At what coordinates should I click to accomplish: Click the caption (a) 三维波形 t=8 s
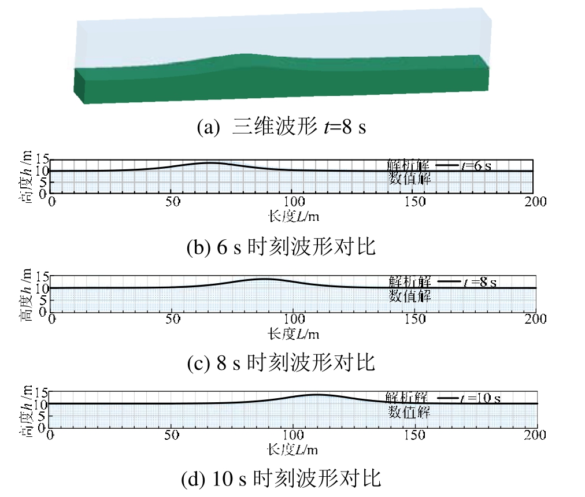tap(282, 127)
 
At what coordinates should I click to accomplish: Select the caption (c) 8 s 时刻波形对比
tap(282, 363)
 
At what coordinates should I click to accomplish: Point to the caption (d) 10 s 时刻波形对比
tap(282, 479)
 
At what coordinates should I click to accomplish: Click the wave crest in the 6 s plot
tap(212, 163)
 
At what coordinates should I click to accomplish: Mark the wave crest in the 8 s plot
tap(264, 279)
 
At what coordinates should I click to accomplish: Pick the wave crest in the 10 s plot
tap(317, 395)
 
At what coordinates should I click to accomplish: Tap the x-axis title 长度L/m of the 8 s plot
tap(294, 333)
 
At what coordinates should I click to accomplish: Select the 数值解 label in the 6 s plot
tap(410, 179)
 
